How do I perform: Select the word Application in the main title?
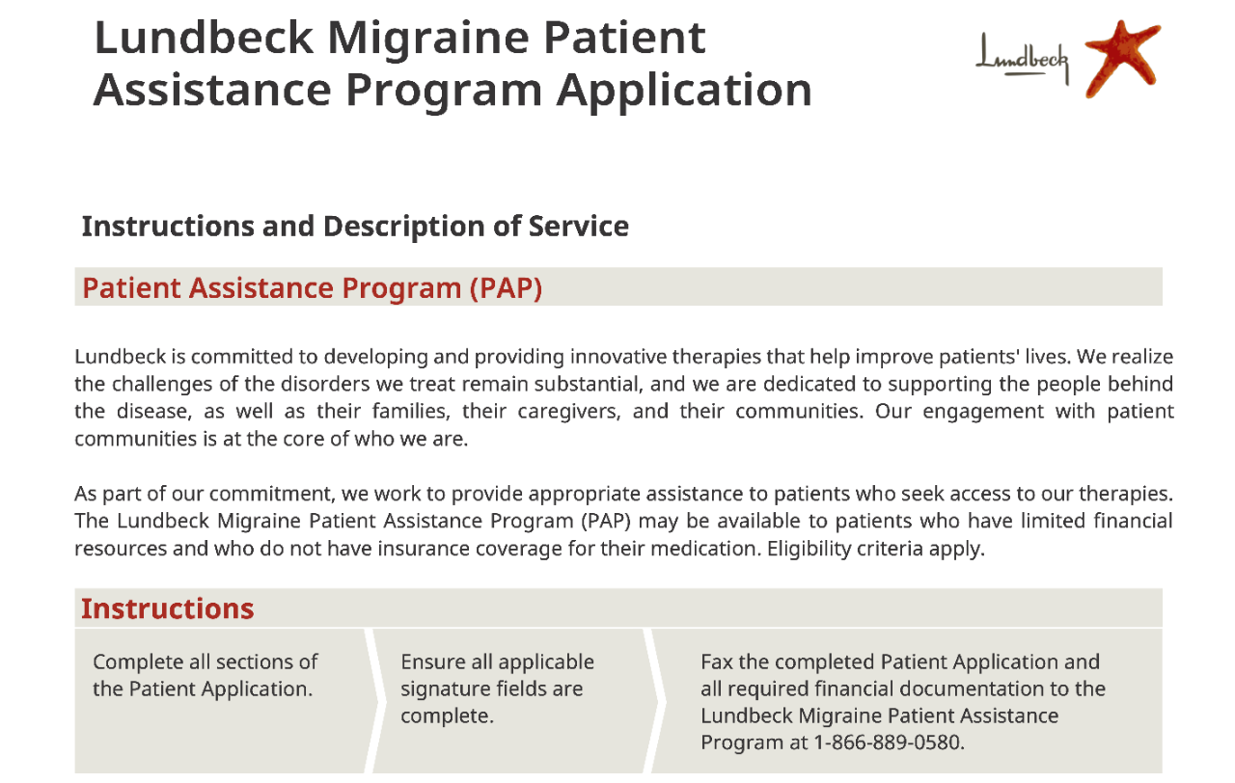coord(684,91)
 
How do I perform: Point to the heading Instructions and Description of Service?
coord(355,227)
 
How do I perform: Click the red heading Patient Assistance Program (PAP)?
coord(312,288)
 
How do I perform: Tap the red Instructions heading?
coord(167,608)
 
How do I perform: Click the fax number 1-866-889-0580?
coord(889,742)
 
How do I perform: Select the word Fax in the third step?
coord(716,662)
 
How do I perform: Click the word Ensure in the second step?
coord(432,662)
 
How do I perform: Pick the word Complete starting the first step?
coord(137,662)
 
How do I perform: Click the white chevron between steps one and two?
coord(370,701)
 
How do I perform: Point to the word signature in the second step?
coord(445,689)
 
